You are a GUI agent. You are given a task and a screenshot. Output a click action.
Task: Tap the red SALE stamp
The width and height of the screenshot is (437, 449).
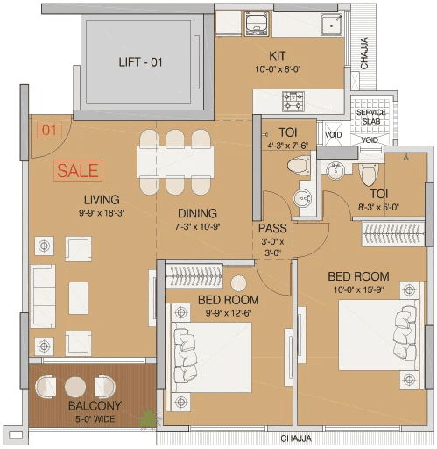point(78,170)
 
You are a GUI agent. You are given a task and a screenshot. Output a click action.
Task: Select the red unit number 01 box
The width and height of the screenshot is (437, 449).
point(48,132)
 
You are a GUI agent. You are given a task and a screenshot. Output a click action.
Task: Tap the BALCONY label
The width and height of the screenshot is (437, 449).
point(95,406)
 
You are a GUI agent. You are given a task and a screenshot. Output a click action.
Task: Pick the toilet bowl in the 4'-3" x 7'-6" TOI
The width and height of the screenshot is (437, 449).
point(299,164)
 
